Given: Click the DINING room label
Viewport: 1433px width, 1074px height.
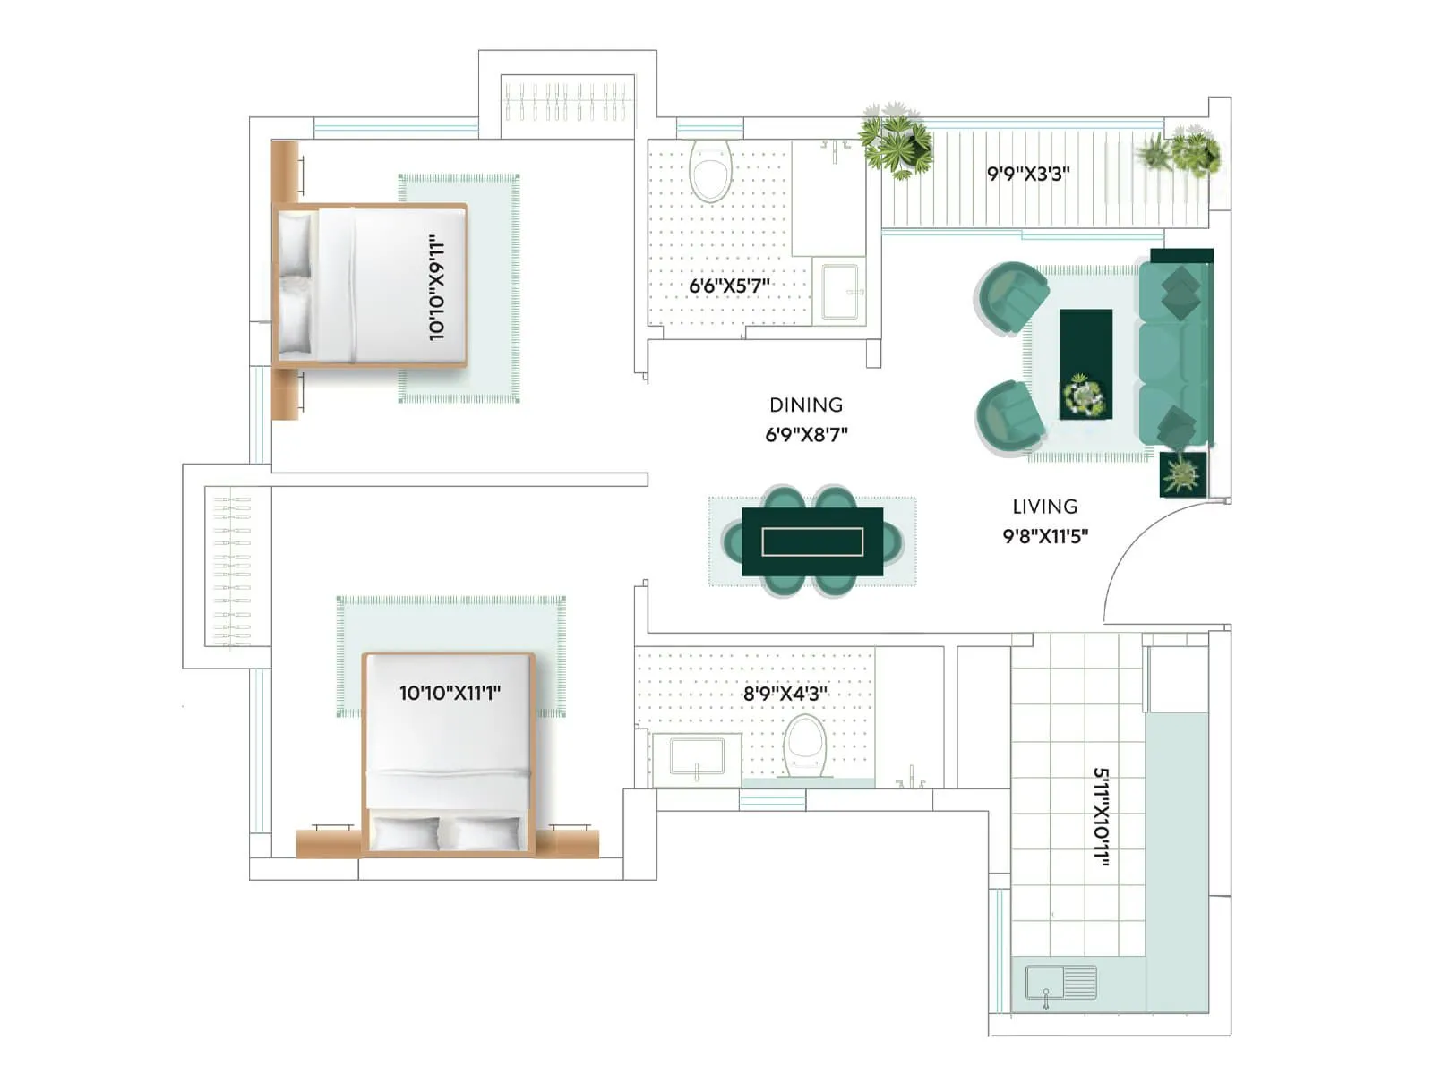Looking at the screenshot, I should pyautogui.click(x=805, y=405).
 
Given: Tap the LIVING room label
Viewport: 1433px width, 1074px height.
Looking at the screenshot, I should pyautogui.click(x=1044, y=507).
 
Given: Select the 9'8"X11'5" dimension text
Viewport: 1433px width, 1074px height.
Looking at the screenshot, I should pyautogui.click(x=1044, y=536).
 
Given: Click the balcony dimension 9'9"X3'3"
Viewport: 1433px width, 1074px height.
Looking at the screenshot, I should pyautogui.click(x=1028, y=174).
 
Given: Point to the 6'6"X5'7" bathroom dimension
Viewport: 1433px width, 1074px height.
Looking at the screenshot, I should pyautogui.click(x=729, y=286).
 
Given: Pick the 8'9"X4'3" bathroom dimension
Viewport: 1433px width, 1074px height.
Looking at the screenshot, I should pyautogui.click(x=785, y=693).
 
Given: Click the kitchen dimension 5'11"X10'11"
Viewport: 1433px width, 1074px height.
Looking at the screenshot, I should pyautogui.click(x=1103, y=816).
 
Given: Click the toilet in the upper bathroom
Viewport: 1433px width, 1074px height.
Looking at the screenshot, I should pyautogui.click(x=711, y=172).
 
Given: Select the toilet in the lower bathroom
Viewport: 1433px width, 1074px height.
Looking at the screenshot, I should pyautogui.click(x=804, y=745).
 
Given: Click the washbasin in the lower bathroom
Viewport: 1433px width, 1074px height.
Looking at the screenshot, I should pyautogui.click(x=697, y=757).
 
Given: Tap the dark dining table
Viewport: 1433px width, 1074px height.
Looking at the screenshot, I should pyautogui.click(x=812, y=541).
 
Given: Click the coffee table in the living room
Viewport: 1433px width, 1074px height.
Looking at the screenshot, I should pyautogui.click(x=1085, y=363).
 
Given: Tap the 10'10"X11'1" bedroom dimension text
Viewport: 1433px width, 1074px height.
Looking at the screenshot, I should pyautogui.click(x=450, y=693).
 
